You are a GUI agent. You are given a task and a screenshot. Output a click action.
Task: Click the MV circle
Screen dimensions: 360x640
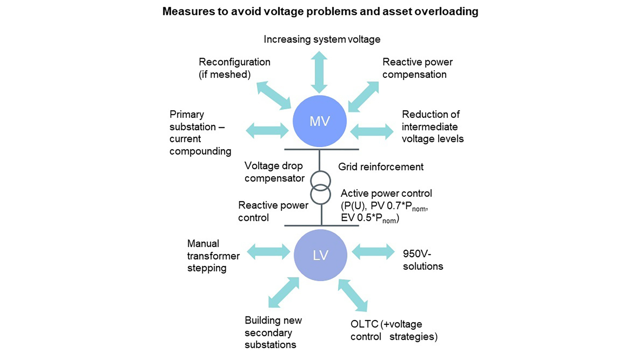tap(319, 121)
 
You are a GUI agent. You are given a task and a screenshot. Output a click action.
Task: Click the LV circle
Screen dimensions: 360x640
tap(320, 255)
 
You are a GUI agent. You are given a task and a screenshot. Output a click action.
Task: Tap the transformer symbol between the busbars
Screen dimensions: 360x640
tap(320, 188)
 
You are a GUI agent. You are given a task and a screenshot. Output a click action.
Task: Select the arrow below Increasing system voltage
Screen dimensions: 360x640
tap(319, 72)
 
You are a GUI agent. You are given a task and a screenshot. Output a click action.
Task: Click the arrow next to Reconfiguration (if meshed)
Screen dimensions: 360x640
tap(274, 95)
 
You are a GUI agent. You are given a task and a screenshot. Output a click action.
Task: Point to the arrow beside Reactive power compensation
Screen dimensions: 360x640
tap(364, 96)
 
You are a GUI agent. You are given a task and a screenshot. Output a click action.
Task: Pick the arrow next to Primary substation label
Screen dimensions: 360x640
tap(267, 130)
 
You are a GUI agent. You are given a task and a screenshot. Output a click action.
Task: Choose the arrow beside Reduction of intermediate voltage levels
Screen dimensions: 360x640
tap(372, 131)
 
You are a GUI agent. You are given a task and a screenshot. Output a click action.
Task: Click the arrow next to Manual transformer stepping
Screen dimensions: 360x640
tap(268, 251)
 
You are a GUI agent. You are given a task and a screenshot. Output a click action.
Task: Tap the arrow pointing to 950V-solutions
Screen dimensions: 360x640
tap(373, 251)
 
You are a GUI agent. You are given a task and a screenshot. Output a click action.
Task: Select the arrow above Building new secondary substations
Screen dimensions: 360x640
tap(284, 292)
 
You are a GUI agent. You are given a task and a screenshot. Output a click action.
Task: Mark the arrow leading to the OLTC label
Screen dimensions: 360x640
tap(353, 295)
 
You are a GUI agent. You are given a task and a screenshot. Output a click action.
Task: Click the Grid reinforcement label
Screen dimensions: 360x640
tap(381, 167)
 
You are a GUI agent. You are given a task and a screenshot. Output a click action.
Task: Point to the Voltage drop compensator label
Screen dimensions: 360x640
tap(274, 172)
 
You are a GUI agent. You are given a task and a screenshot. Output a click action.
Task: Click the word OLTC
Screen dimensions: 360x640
tap(364, 324)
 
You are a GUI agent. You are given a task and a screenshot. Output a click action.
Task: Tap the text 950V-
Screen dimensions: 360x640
tap(417, 254)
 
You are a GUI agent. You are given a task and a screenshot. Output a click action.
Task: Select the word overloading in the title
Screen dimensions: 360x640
tap(446, 11)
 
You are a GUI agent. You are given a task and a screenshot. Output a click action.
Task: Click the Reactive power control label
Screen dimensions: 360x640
tap(273, 211)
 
